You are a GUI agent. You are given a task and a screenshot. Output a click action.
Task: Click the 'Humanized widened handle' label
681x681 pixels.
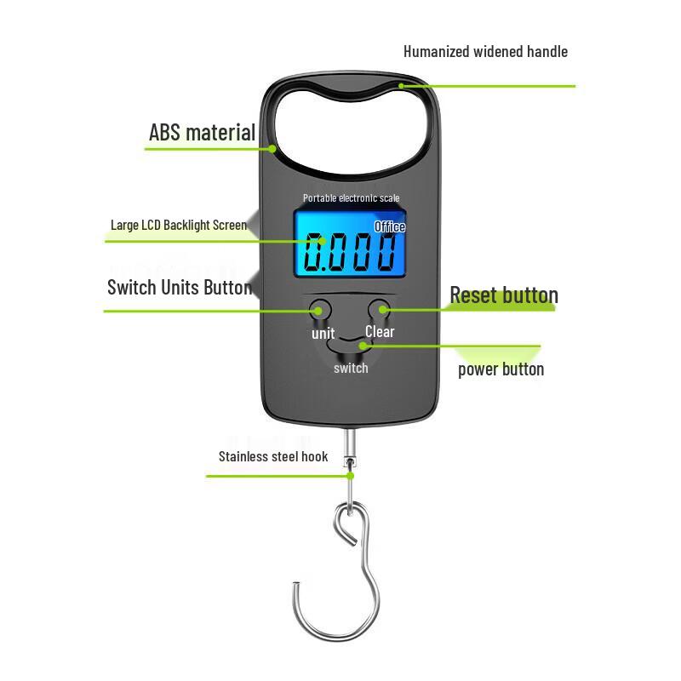[x=485, y=52]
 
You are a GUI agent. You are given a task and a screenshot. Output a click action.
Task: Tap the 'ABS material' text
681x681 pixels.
[x=202, y=133]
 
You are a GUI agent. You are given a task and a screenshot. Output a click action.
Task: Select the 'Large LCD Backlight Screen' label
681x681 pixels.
[x=179, y=226]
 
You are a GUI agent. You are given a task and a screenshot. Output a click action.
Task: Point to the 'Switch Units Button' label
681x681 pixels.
[x=180, y=287]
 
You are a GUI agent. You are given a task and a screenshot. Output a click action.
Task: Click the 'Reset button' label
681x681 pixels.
[x=504, y=296]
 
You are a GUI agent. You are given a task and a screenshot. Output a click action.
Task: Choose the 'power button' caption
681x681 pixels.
[x=501, y=369]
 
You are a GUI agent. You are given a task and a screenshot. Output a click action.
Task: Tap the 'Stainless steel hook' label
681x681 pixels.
[x=273, y=457]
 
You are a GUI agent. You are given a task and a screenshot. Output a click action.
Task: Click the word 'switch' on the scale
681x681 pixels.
[x=351, y=369]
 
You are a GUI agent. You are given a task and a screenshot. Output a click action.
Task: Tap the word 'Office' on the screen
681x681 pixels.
[x=390, y=227]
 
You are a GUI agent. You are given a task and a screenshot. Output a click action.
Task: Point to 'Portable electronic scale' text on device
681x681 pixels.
[x=351, y=198]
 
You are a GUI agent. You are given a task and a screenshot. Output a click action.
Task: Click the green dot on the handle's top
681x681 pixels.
[x=402, y=85]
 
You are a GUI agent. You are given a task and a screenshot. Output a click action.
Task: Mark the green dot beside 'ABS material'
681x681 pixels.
[x=273, y=148]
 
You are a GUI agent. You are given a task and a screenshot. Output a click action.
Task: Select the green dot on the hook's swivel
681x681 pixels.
[x=350, y=475]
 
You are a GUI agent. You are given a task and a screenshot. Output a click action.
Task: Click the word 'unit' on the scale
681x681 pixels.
[x=323, y=334]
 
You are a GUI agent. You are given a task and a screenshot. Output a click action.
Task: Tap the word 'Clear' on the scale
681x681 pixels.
[x=380, y=332]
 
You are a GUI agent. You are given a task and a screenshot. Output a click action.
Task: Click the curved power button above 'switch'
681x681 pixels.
[x=351, y=346]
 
